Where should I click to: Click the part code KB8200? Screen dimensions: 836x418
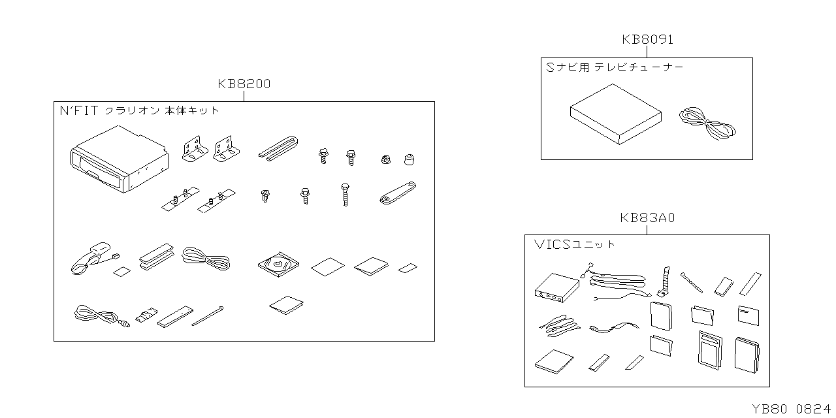[x=244, y=84]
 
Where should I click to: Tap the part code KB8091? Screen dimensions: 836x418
[x=647, y=40]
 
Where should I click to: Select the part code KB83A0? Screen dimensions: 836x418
[x=647, y=217]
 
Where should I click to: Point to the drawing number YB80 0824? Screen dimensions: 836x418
[x=791, y=409]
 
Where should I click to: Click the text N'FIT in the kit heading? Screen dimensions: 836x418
[x=79, y=110]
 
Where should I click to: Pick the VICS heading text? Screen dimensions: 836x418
[x=552, y=244]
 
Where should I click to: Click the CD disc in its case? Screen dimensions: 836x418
[x=278, y=265]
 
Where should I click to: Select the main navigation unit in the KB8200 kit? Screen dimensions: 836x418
[x=119, y=159]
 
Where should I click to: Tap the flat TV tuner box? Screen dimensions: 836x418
[x=616, y=114]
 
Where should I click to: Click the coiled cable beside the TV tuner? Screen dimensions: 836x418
[x=707, y=124]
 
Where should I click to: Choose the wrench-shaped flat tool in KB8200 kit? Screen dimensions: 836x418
[x=398, y=193]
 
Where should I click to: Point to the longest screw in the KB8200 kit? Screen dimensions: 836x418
[x=346, y=195]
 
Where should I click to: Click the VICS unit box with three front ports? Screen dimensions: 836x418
[x=557, y=288]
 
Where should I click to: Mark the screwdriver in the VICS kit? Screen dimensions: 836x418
[x=691, y=283]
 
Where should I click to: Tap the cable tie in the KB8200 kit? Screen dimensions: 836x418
[x=208, y=315]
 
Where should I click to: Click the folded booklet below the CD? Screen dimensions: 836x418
[x=286, y=305]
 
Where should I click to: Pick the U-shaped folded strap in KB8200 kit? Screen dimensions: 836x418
[x=278, y=148]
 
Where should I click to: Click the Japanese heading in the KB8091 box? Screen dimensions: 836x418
[x=615, y=67]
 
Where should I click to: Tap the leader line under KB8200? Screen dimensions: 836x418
[x=244, y=96]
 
